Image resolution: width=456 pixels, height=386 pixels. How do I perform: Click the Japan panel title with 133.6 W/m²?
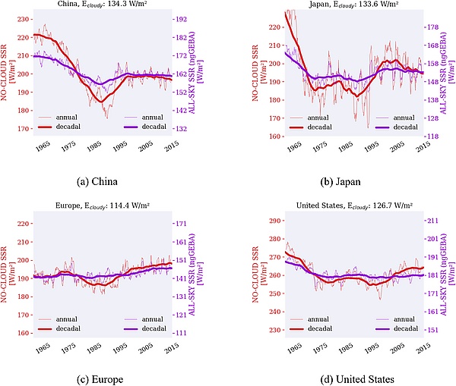coord(344,5)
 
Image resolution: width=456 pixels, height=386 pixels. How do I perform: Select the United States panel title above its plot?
coord(344,206)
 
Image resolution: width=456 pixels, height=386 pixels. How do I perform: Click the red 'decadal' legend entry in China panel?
coord(74,127)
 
